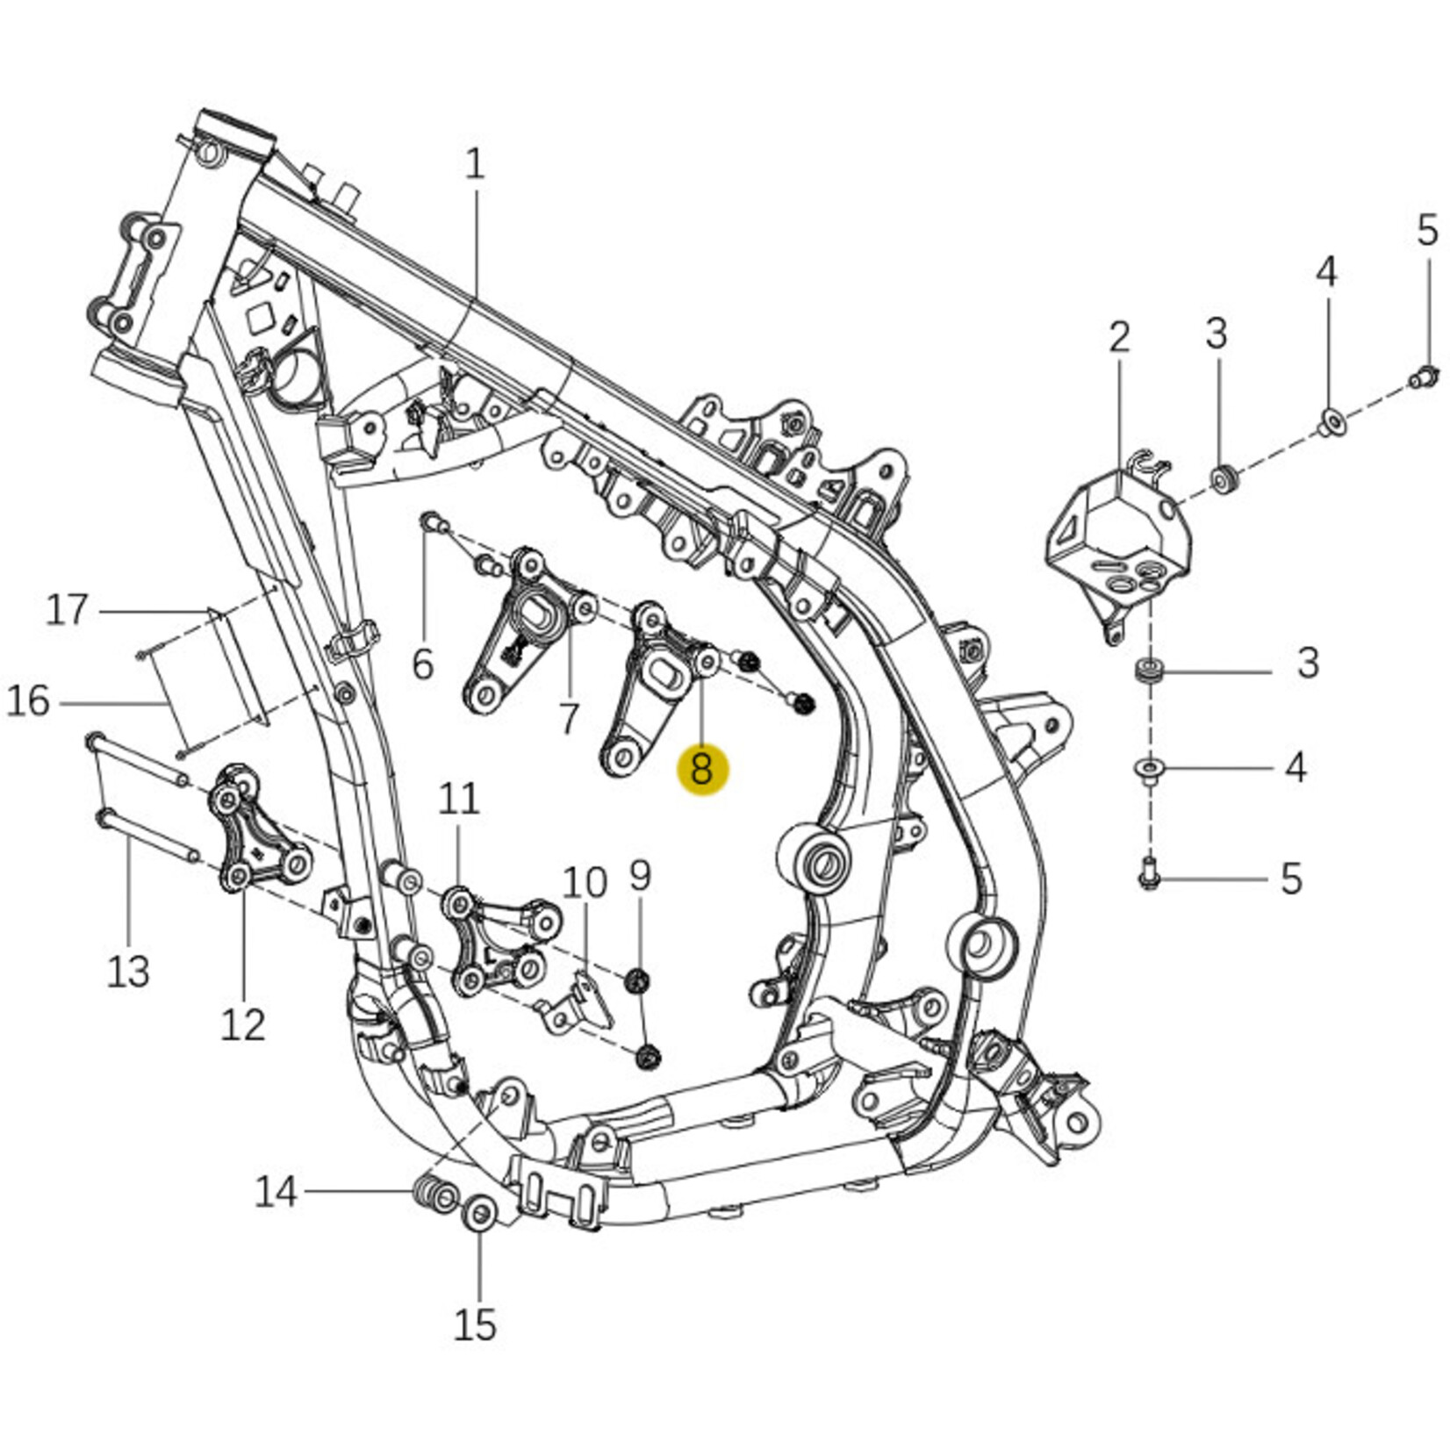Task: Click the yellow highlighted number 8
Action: click(x=701, y=770)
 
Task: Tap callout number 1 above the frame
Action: click(x=475, y=164)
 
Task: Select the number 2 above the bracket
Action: click(x=1119, y=337)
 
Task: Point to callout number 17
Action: click(x=67, y=610)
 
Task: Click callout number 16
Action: click(x=28, y=702)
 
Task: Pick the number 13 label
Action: click(x=128, y=972)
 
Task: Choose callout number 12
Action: click(x=242, y=1024)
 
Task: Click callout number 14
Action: click(x=276, y=1192)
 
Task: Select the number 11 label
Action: click(x=459, y=799)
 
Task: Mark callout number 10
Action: click(x=585, y=883)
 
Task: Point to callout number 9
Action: click(x=641, y=875)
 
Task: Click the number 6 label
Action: click(x=423, y=664)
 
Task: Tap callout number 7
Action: click(x=569, y=719)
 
